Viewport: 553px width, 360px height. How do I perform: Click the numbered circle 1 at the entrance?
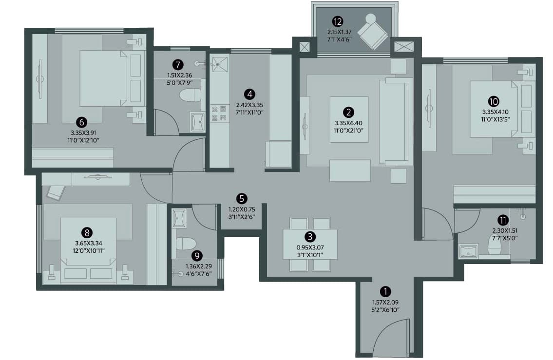pos(385,292)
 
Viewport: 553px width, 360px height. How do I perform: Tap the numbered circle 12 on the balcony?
pos(338,21)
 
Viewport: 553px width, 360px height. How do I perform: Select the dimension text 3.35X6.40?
pos(348,123)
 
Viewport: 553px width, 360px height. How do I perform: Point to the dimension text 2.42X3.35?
pos(249,105)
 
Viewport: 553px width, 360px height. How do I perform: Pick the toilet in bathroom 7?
pos(190,95)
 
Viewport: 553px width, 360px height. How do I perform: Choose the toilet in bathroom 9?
pos(186,244)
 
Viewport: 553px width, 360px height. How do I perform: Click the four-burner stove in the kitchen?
pos(219,114)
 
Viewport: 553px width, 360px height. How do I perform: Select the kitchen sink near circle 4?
pos(219,64)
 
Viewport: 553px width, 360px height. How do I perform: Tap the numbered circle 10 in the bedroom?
pos(494,101)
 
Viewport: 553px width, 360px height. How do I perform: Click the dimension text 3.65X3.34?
pos(89,243)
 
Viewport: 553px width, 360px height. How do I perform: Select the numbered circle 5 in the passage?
pos(242,198)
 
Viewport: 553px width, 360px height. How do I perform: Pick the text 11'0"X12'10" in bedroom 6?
pos(85,140)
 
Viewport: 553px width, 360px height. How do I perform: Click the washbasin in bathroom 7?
pos(197,122)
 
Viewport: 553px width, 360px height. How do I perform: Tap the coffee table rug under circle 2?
pos(349,119)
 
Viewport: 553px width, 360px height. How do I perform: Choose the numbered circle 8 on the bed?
pos(87,233)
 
